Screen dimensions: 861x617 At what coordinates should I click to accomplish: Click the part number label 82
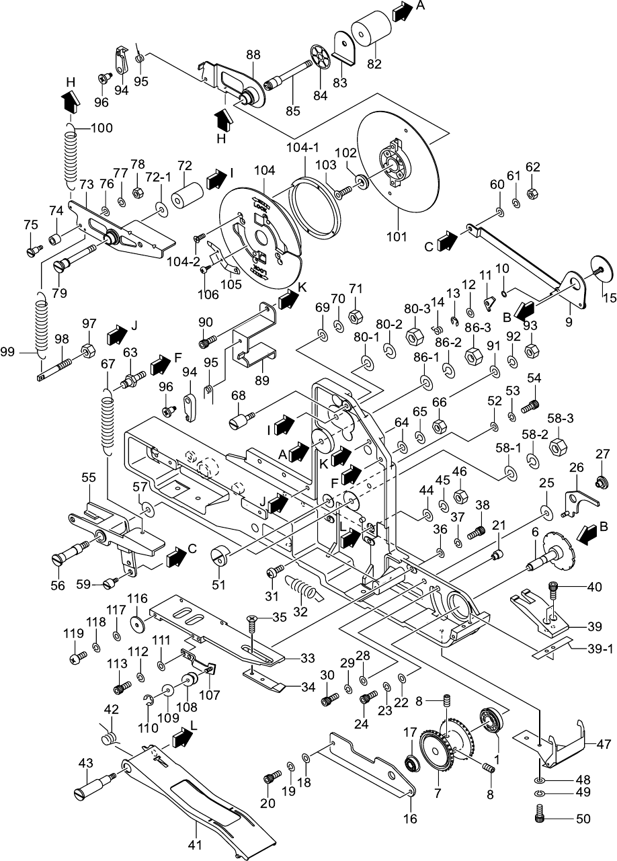coord(374,65)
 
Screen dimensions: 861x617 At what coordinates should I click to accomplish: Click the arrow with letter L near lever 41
coord(181,737)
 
